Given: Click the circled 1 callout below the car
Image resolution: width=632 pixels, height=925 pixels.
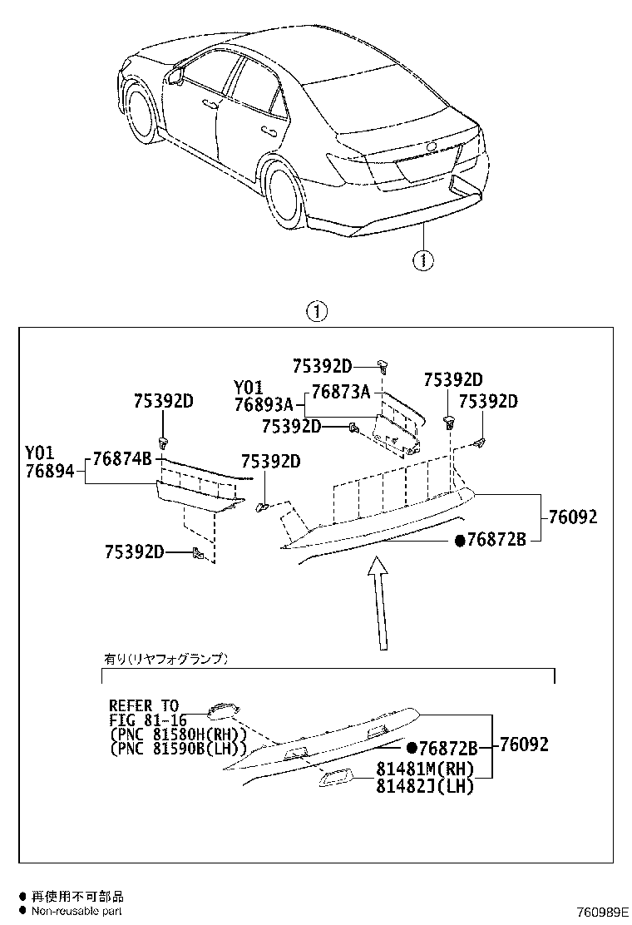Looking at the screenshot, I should (423, 260).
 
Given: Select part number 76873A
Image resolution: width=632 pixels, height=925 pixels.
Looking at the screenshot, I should (340, 393).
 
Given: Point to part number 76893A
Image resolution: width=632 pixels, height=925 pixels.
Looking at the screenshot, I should (264, 405).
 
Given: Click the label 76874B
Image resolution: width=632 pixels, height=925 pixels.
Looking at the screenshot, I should (121, 458).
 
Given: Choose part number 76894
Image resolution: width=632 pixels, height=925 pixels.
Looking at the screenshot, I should (49, 471).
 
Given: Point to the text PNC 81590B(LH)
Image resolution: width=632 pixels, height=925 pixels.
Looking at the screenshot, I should (175, 749).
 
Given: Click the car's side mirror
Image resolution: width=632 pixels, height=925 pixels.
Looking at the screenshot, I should (175, 77).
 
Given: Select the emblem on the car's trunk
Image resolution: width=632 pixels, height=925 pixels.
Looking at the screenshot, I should (431, 147).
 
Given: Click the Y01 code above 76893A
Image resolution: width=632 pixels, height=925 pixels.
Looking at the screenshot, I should (248, 388).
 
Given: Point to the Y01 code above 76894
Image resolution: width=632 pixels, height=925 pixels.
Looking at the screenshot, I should (39, 453).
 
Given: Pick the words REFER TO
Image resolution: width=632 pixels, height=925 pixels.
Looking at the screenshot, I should (144, 706).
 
